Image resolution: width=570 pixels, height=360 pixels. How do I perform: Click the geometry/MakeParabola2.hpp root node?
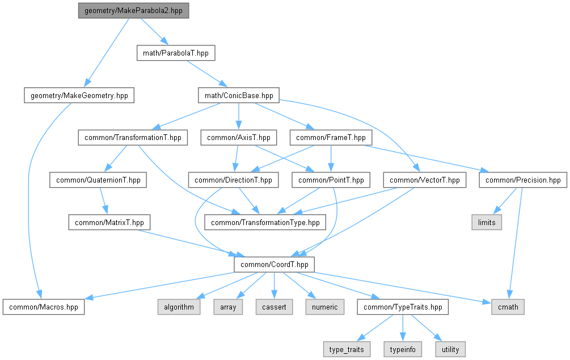133,11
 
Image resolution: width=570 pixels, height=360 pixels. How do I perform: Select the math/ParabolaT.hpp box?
176,53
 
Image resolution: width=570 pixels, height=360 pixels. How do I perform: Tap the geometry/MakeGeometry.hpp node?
79,96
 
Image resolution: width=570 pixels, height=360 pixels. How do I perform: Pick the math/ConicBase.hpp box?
239,96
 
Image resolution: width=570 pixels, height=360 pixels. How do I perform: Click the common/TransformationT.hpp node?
133,138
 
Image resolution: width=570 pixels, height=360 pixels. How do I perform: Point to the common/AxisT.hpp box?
239,138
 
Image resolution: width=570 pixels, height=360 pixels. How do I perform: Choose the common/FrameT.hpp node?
331,138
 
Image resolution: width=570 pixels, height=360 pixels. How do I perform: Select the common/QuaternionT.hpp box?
98,180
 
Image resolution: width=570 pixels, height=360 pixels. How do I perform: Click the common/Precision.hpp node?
523,180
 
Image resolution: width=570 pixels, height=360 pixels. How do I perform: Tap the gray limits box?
487,222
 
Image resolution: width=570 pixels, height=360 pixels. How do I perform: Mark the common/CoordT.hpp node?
275,264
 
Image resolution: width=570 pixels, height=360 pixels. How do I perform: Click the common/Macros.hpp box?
44,307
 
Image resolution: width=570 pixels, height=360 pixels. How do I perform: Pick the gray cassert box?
274,307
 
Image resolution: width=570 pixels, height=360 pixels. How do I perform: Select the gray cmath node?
508,307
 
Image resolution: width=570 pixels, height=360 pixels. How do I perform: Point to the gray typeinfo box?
403,349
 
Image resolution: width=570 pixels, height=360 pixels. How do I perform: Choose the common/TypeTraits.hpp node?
403,307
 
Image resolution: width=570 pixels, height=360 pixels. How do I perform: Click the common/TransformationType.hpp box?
265,222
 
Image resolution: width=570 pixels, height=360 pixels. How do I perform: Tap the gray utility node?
450,349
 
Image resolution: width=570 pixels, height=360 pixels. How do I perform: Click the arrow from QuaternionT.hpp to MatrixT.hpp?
104,201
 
